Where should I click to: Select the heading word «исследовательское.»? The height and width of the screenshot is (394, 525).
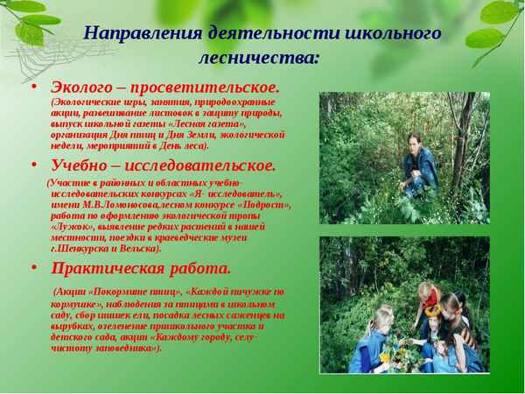click(x=202, y=165)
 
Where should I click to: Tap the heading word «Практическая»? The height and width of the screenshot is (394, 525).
click(x=116, y=268)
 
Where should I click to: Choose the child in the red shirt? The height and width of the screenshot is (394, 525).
click(x=426, y=298)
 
